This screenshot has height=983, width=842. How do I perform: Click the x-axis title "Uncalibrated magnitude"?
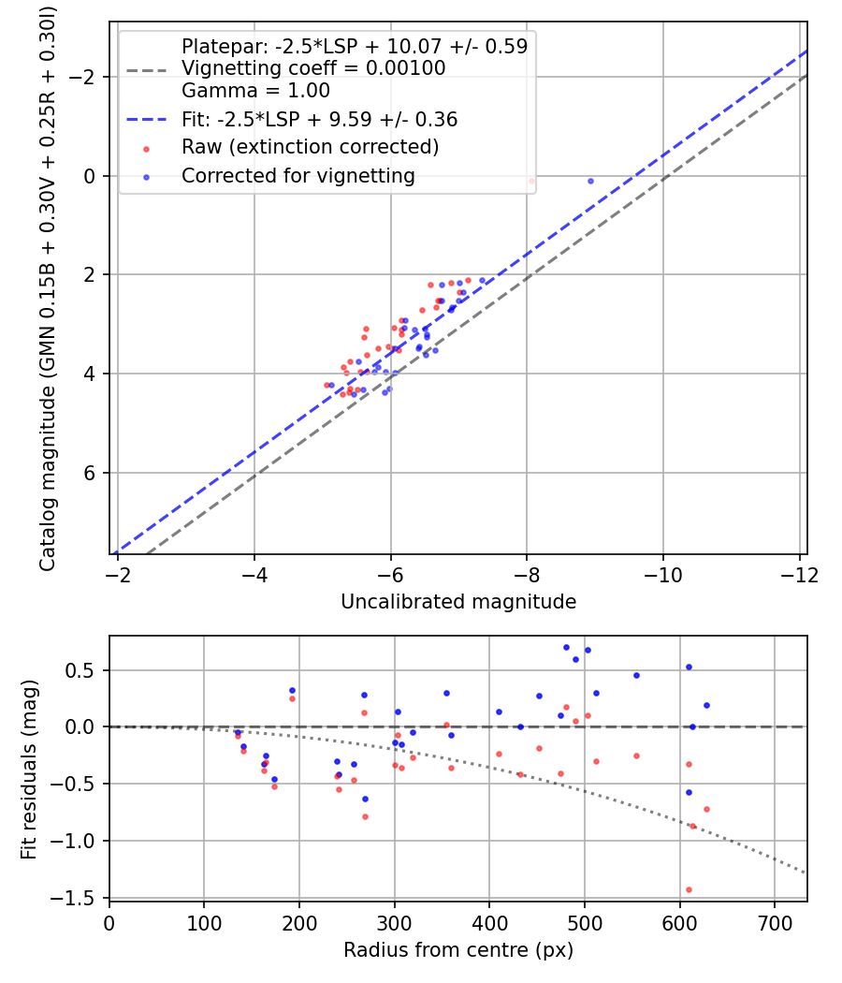[457, 601]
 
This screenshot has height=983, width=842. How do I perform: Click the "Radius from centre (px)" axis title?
[457, 950]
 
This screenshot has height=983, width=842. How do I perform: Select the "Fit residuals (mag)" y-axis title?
[29, 769]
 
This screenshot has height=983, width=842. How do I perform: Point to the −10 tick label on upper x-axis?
[662, 573]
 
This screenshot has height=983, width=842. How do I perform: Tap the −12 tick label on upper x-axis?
[798, 573]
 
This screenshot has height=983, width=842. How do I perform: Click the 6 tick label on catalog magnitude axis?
[90, 473]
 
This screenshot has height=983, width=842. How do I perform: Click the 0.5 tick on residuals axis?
[84, 670]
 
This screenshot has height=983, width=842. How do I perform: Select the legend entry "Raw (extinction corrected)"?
[310, 147]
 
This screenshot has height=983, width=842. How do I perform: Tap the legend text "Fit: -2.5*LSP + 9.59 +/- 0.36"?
[319, 119]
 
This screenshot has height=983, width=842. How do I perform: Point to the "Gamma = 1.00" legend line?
[255, 91]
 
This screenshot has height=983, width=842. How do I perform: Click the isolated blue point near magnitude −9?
[590, 181]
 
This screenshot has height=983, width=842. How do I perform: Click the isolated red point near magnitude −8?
[531, 181]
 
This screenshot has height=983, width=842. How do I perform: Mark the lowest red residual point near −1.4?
[689, 889]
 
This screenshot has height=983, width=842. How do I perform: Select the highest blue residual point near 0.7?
[566, 647]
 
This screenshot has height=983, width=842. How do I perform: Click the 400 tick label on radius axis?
[489, 921]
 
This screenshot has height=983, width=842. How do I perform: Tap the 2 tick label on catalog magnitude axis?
[90, 275]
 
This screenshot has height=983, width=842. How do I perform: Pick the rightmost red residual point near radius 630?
[706, 809]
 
